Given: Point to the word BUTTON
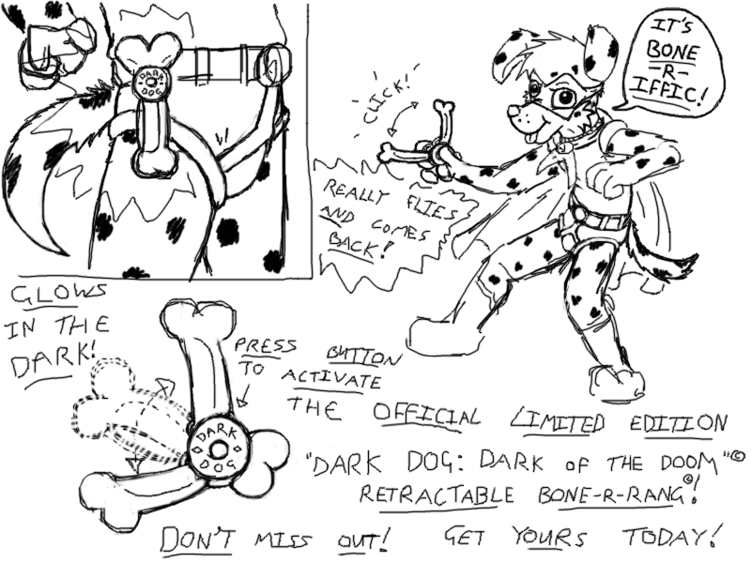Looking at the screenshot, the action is [x=364, y=357].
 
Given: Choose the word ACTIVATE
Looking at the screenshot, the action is [x=331, y=381].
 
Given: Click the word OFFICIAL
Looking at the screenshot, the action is [x=427, y=416].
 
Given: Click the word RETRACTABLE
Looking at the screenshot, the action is [x=437, y=495].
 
